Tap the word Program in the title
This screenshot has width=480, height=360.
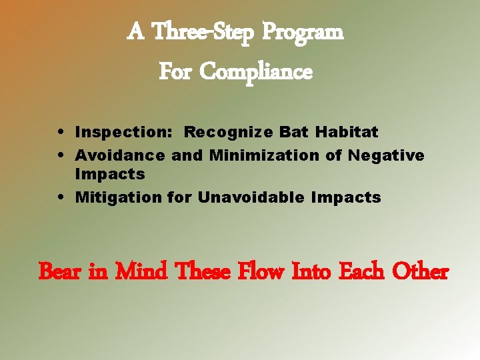click(303, 31)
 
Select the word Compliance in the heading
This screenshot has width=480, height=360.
click(256, 71)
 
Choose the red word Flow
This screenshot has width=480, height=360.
click(263, 272)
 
